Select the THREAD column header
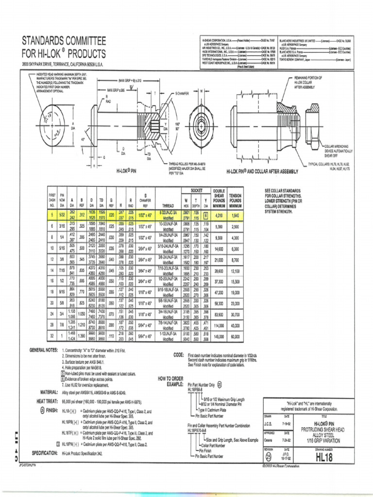174,205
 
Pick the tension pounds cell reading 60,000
235,336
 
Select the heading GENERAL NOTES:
44,350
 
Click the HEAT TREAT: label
47,401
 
